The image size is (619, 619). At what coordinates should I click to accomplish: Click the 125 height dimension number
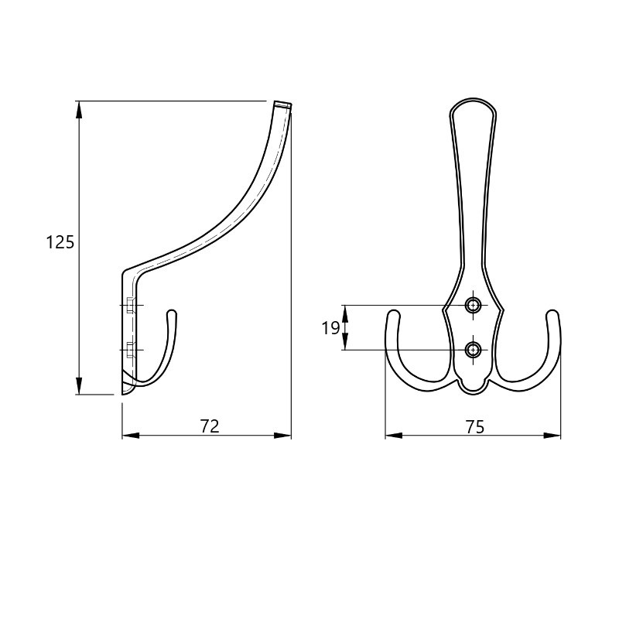(x=60, y=242)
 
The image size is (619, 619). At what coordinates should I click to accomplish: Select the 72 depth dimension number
(x=210, y=426)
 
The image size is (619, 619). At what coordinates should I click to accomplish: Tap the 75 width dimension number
(x=474, y=427)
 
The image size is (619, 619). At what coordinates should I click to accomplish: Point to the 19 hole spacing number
(x=330, y=328)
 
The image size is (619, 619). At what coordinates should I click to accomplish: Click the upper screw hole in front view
(x=473, y=305)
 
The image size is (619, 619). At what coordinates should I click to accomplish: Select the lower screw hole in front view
(x=473, y=350)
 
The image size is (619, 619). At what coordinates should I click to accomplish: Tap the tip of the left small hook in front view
(x=393, y=312)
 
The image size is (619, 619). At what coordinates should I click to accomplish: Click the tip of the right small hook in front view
(x=553, y=312)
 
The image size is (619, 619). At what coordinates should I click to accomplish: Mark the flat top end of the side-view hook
(x=283, y=104)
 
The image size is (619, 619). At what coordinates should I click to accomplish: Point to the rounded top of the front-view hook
(x=473, y=99)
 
